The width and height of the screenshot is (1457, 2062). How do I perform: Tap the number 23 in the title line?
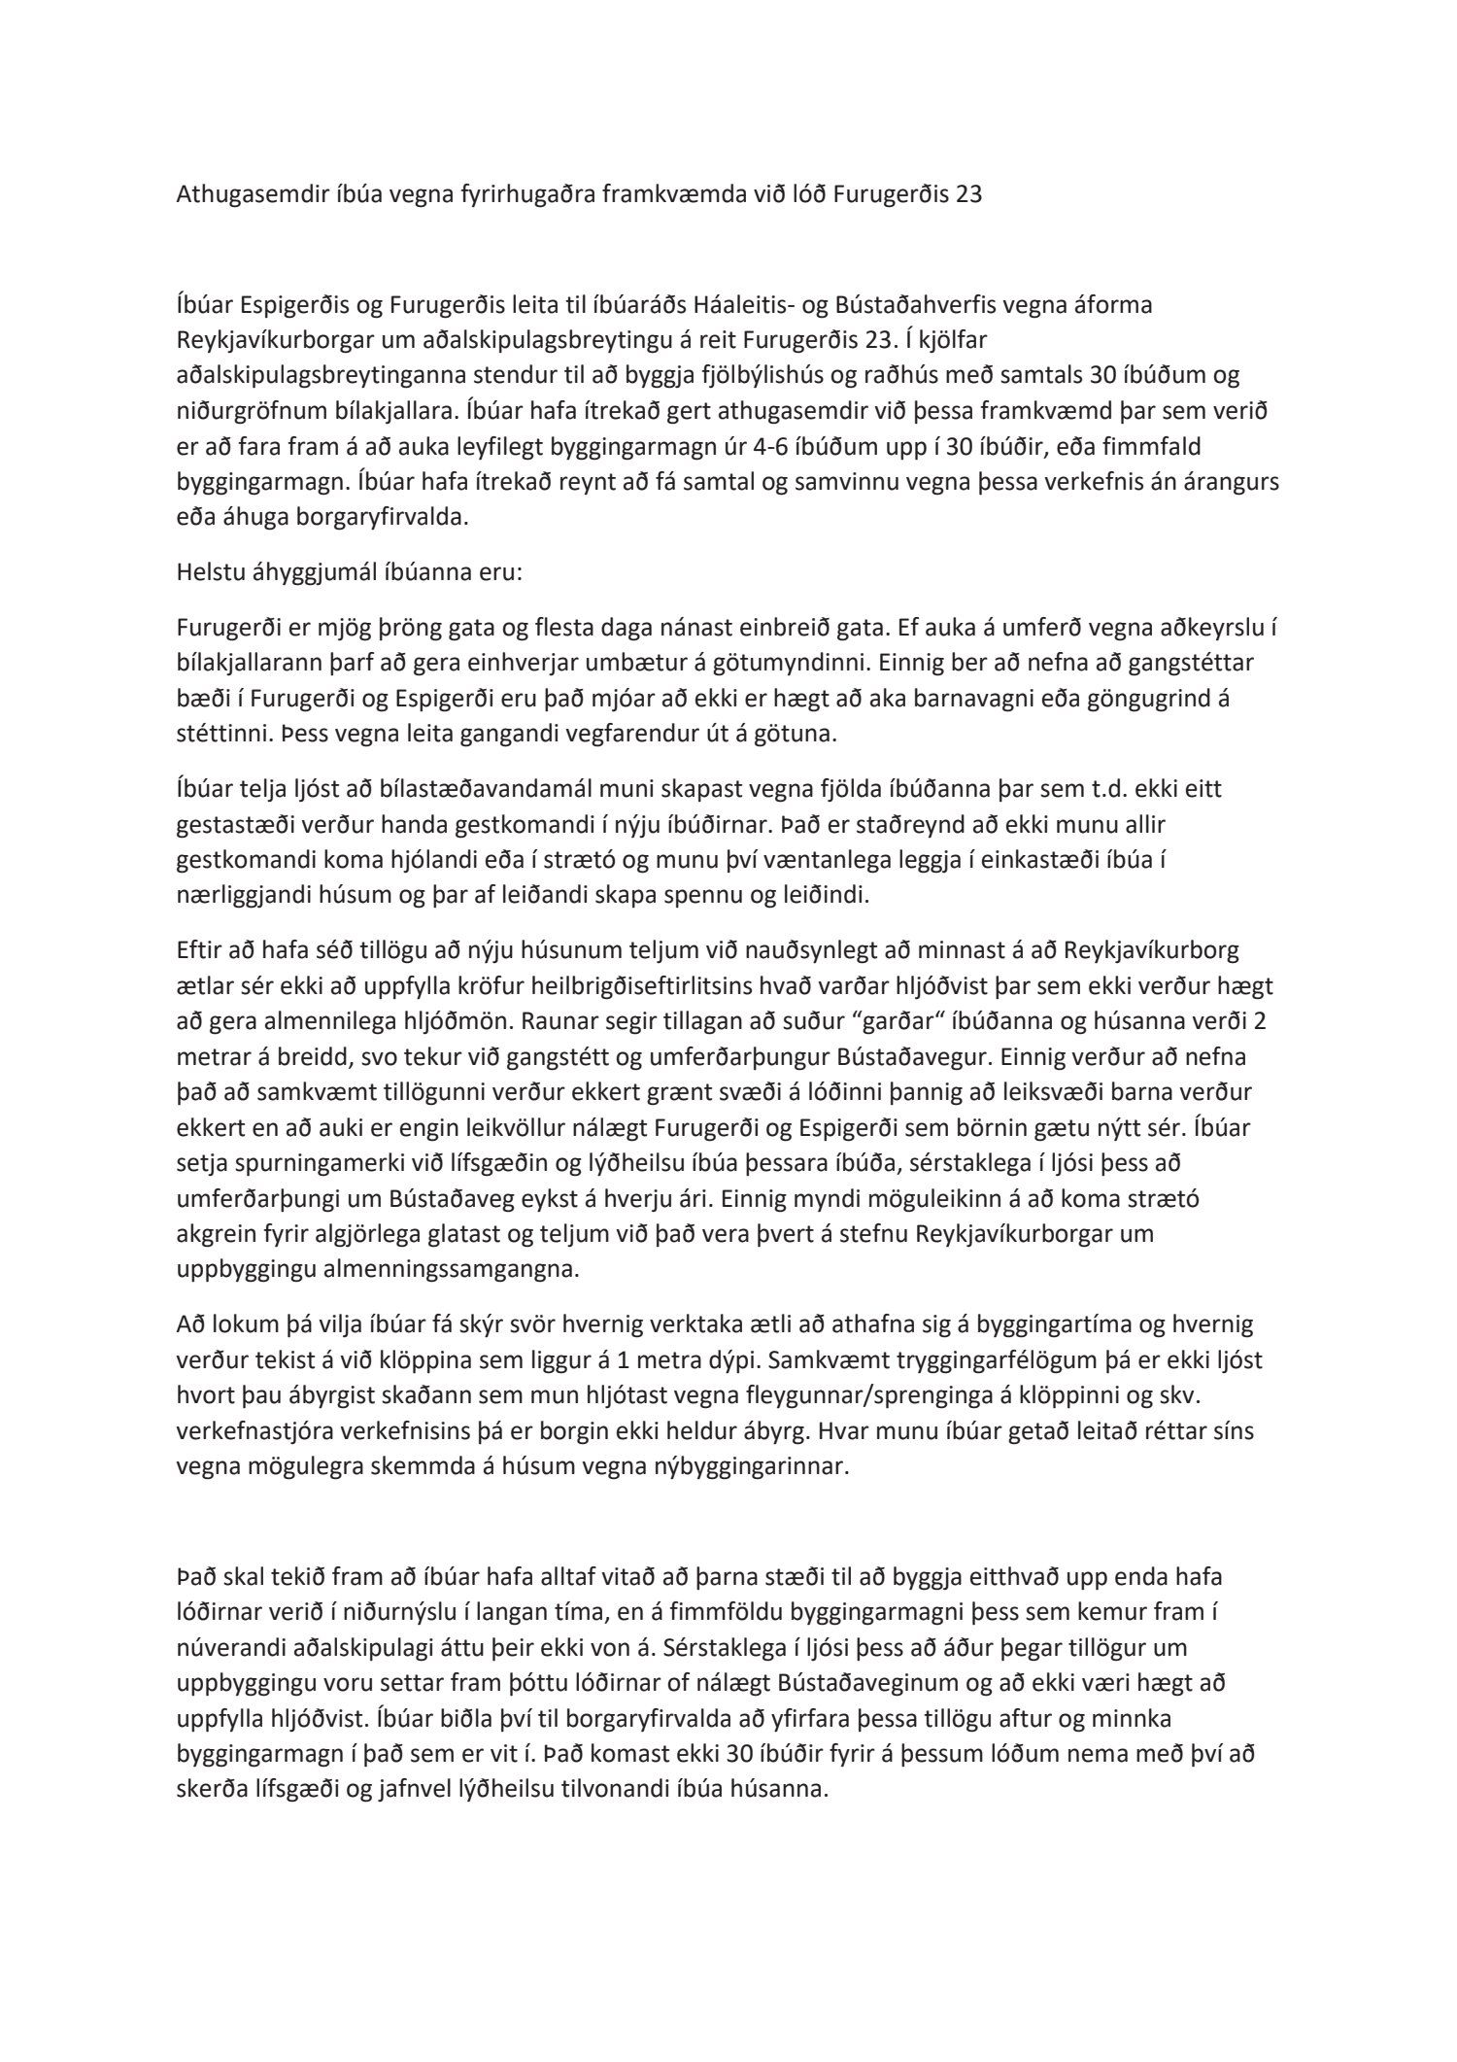tap(968, 194)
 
